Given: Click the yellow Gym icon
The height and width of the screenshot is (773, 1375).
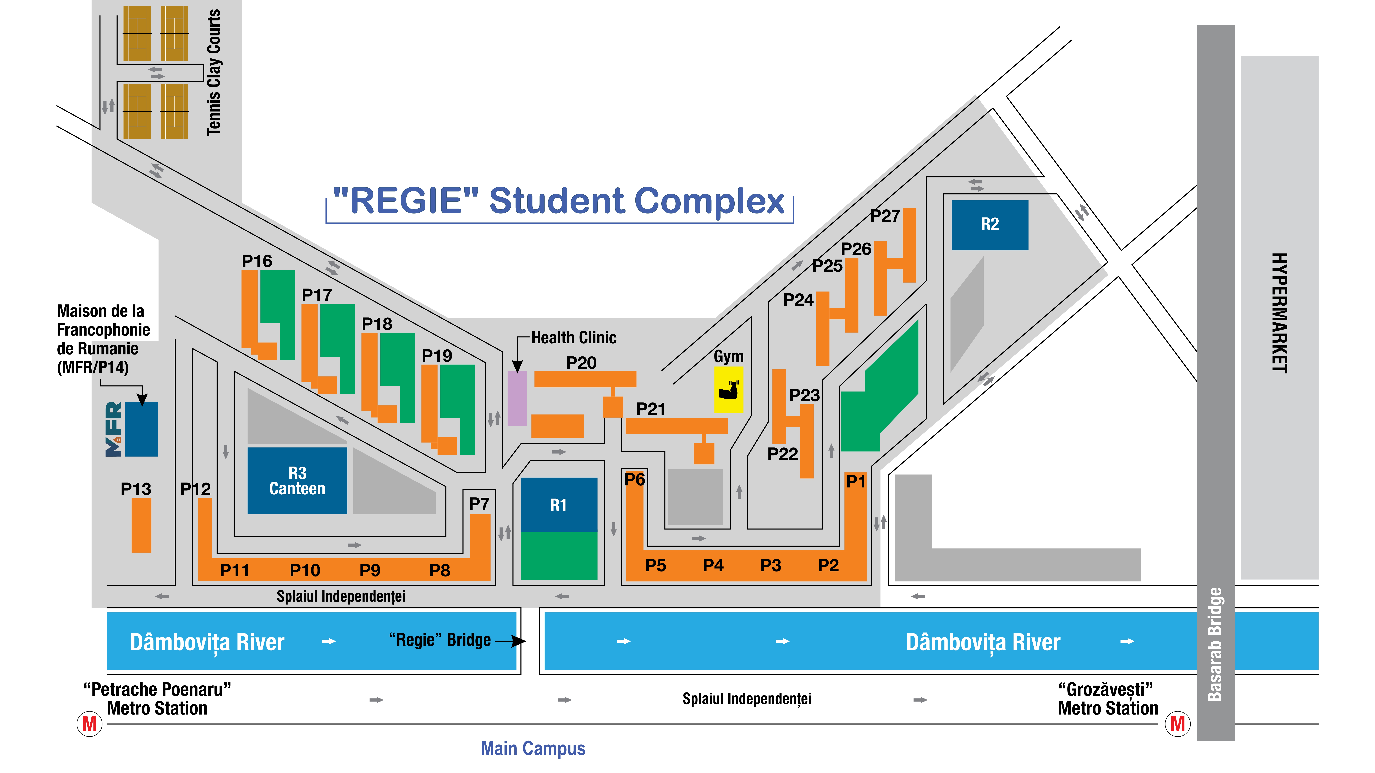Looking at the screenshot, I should [x=729, y=389].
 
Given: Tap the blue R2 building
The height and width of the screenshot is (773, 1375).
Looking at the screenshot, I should [x=990, y=225].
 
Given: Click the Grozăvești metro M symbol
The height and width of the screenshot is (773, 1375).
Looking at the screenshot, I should [x=1178, y=724].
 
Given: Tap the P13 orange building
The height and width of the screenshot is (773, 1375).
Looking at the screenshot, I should [x=141, y=525].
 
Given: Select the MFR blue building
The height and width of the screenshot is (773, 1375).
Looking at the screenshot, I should [x=141, y=429].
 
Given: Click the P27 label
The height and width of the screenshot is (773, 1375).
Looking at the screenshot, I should [x=884, y=216].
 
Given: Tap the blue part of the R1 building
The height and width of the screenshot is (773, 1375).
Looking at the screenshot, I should [x=558, y=505].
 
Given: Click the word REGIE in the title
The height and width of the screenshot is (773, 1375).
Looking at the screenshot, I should [x=406, y=201].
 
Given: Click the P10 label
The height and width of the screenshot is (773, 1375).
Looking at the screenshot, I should [x=305, y=570].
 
